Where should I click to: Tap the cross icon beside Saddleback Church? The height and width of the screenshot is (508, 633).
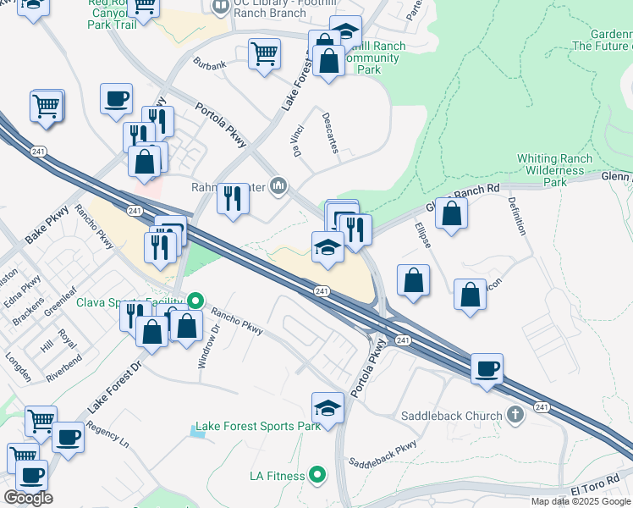point(516,415)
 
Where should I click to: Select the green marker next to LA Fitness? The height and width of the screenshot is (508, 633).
point(318,476)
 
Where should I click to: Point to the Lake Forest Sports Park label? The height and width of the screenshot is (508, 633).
point(258,426)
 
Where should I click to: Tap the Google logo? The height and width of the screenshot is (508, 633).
point(29,498)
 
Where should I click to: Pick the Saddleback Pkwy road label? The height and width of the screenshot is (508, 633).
point(383,455)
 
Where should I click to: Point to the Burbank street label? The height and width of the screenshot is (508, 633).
point(210,64)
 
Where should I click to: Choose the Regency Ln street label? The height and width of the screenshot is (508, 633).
point(107,436)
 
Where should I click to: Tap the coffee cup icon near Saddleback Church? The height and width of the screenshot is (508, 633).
point(487,368)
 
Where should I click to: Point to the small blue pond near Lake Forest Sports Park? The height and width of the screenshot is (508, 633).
point(197,432)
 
